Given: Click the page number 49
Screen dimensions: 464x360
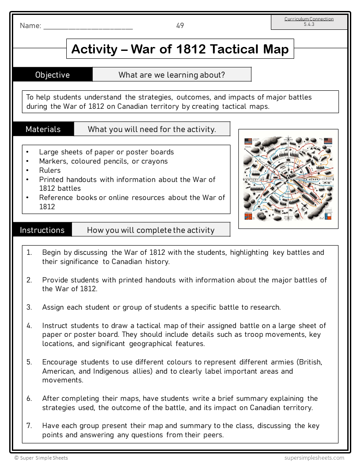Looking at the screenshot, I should click(180, 26).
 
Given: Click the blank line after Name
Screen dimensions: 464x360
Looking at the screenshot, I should click(88, 27).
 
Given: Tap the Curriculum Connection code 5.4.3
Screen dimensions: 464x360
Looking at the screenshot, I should click(309, 25).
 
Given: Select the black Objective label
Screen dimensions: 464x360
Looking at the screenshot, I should click(52, 75).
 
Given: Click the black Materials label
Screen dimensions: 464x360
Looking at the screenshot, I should click(43, 129).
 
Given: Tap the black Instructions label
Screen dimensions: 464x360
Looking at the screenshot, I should click(42, 230).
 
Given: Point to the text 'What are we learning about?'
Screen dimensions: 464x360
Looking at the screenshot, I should click(172, 75).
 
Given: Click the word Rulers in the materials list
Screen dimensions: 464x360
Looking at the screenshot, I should click(50, 170).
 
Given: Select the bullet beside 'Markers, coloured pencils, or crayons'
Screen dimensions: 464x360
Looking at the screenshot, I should click(27, 161).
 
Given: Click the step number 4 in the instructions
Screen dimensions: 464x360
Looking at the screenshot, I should click(29, 325).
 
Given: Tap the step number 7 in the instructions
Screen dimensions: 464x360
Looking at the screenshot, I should click(29, 426).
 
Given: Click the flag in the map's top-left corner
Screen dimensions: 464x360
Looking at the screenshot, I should click(248, 141).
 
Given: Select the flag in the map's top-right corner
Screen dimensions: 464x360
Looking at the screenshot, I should click(328, 141).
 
